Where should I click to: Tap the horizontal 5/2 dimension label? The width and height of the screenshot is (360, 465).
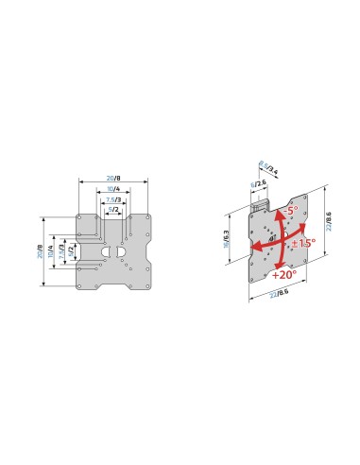tap(112, 209)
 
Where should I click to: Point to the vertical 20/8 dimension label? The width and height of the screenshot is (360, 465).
tap(41, 252)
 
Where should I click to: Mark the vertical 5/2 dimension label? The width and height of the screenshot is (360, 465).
tap(72, 252)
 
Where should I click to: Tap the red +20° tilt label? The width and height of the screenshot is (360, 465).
tap(283, 275)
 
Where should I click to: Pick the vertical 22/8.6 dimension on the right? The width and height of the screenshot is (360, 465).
tap(328, 223)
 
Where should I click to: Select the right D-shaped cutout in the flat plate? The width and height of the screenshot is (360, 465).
tap(120, 252)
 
